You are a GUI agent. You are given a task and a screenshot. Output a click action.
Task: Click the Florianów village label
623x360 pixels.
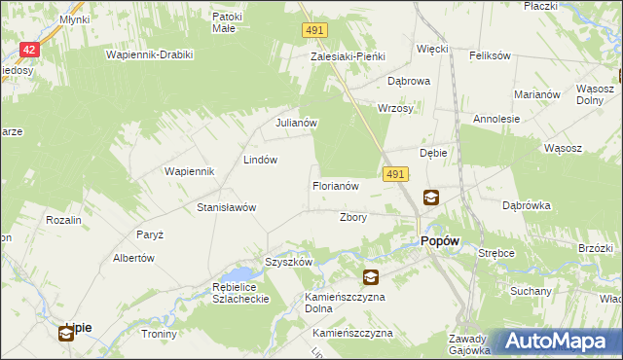[x=336, y=185]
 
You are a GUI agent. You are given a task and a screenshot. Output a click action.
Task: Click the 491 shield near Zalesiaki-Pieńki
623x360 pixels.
[x=312, y=32]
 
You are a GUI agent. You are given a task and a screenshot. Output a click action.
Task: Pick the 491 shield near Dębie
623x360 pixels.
[x=394, y=173]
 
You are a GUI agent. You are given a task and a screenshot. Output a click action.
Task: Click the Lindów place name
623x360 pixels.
[x=261, y=160]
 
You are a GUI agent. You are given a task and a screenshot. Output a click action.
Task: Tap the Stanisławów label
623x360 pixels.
[x=226, y=207]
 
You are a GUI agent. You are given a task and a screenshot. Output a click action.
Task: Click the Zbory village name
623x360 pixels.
[x=352, y=217]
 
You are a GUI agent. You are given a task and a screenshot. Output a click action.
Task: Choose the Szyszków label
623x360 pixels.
[x=288, y=262]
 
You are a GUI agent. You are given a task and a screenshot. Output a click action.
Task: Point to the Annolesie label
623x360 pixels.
[x=496, y=119]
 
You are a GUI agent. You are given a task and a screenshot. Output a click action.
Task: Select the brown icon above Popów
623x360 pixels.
[x=430, y=198]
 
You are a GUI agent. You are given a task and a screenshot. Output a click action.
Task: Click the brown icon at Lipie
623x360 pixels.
[x=65, y=334]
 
